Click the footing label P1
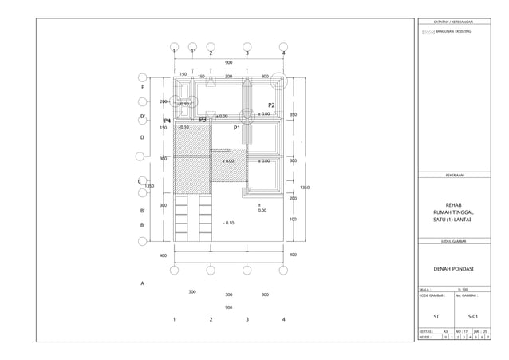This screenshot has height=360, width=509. pyautogui.click(x=237, y=128)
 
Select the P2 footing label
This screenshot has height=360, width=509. pyautogui.click(x=271, y=105)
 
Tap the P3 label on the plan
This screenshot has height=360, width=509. pyautogui.click(x=203, y=120)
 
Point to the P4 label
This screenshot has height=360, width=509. pyautogui.click(x=168, y=121)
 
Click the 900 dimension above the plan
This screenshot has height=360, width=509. pyautogui.click(x=229, y=62)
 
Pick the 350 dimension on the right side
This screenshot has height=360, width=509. pyautogui.click(x=293, y=115)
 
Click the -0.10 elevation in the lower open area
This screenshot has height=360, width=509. pyautogui.click(x=228, y=223)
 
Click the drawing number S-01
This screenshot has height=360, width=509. pyautogui.click(x=473, y=317)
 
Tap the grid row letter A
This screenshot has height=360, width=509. pyautogui.click(x=142, y=283)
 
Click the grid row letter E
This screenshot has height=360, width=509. pyautogui.click(x=142, y=87)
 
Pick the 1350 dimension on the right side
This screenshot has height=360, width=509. pyautogui.click(x=304, y=188)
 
